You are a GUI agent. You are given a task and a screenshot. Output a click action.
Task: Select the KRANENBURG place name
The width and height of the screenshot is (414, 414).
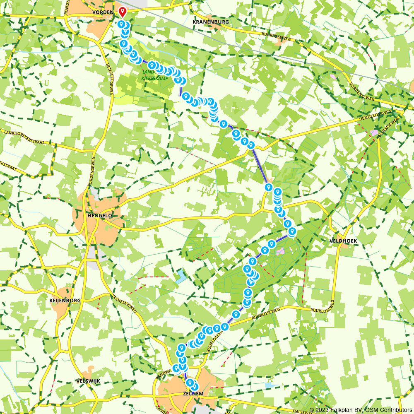[x=211, y=22]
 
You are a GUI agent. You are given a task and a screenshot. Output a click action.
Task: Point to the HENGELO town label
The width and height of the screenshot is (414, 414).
[x=98, y=216]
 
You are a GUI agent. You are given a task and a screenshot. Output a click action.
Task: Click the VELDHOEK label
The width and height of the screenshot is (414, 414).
[x=343, y=241]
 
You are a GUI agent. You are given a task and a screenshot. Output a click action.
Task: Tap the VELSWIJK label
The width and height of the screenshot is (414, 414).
[x=88, y=380]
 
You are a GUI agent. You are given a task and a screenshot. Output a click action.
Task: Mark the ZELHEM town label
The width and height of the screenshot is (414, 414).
[x=193, y=393]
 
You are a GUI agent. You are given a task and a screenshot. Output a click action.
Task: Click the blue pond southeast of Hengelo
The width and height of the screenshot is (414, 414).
[x=181, y=277]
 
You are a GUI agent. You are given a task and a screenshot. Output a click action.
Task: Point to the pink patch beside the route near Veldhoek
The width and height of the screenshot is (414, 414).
[x=281, y=251]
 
